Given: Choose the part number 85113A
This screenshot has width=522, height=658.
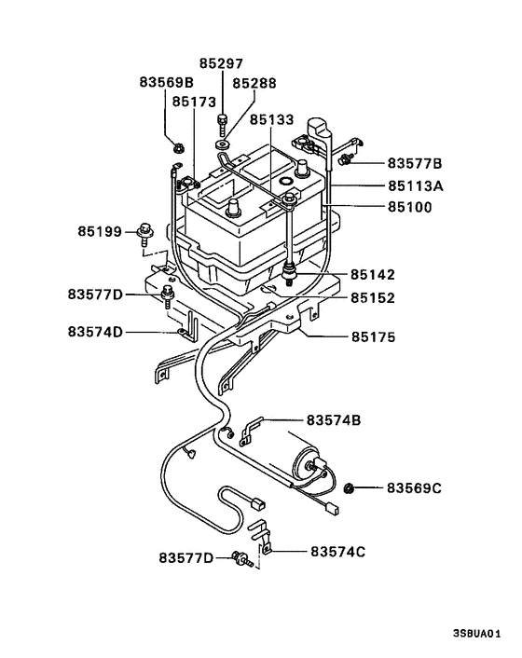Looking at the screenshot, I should pyautogui.click(x=416, y=185).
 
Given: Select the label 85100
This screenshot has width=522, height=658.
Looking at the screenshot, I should pyautogui.click(x=411, y=207).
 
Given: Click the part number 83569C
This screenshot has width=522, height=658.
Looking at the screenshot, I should pyautogui.click(x=416, y=487).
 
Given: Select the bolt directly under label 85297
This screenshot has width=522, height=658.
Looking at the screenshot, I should pyautogui.click(x=223, y=120).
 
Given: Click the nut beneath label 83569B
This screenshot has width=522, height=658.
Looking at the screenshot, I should pyautogui.click(x=177, y=145).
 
